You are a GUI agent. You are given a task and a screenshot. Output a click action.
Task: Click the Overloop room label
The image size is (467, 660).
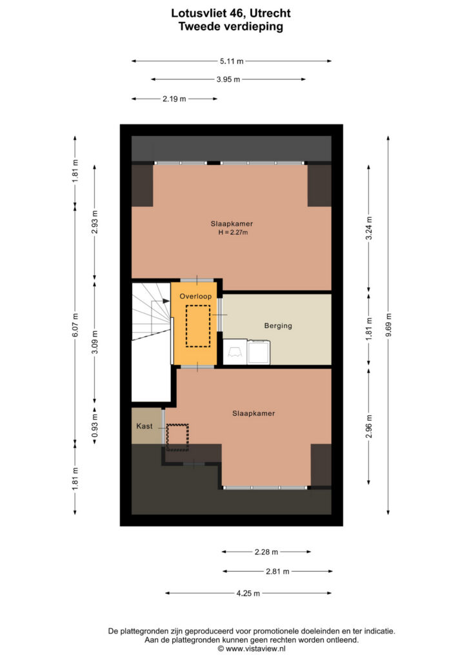(195, 296)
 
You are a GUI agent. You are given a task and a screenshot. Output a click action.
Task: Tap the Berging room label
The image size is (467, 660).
(278, 325)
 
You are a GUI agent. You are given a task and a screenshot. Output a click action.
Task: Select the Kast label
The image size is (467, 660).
(144, 426)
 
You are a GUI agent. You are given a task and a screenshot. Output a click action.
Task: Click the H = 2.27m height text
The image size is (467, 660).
(233, 232)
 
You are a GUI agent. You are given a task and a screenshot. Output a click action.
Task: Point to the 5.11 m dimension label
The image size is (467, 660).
(232, 61)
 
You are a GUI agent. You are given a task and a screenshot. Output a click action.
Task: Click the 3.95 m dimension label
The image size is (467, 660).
(228, 79)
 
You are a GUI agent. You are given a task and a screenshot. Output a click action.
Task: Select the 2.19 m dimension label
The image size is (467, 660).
(174, 99)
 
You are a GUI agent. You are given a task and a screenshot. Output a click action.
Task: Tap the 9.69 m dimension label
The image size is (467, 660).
(389, 325)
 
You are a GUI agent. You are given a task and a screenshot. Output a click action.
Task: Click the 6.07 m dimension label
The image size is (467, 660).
(75, 325)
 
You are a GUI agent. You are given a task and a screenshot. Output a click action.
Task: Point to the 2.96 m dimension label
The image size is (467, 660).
(369, 427)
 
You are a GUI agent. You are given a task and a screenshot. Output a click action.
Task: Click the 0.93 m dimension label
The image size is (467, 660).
(95, 426)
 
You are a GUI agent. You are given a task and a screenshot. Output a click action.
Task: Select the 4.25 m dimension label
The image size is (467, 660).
(248, 593)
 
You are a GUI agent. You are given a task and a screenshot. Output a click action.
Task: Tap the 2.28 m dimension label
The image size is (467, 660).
(266, 552)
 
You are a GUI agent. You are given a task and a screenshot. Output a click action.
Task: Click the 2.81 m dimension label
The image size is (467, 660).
(277, 571)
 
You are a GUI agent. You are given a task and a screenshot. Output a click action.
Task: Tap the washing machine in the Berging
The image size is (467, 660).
(259, 352)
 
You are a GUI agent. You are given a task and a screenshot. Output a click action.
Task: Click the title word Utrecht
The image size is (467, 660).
(270, 13)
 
